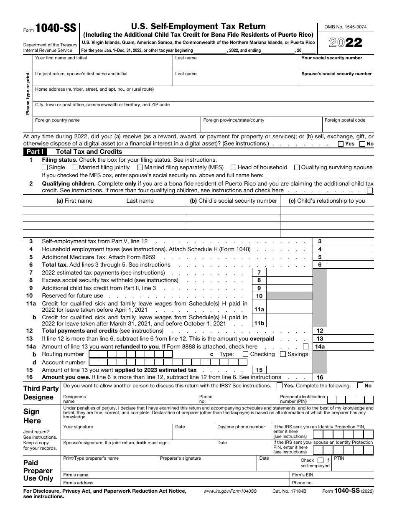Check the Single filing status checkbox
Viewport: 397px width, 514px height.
point(45,168)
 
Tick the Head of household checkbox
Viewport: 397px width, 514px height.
point(234,168)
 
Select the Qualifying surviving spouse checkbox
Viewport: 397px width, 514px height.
point(297,168)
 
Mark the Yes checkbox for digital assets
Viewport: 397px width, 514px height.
point(341,144)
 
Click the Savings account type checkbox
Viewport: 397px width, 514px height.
point(283,354)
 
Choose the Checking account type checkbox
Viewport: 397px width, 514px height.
point(246,354)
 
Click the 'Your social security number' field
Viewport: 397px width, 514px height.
point(336,65)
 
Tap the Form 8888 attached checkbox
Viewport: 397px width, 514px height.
point(306,346)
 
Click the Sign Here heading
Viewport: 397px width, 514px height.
point(32,416)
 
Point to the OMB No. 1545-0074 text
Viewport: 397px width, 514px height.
point(346,27)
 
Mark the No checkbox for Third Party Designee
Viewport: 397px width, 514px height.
point(360,386)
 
